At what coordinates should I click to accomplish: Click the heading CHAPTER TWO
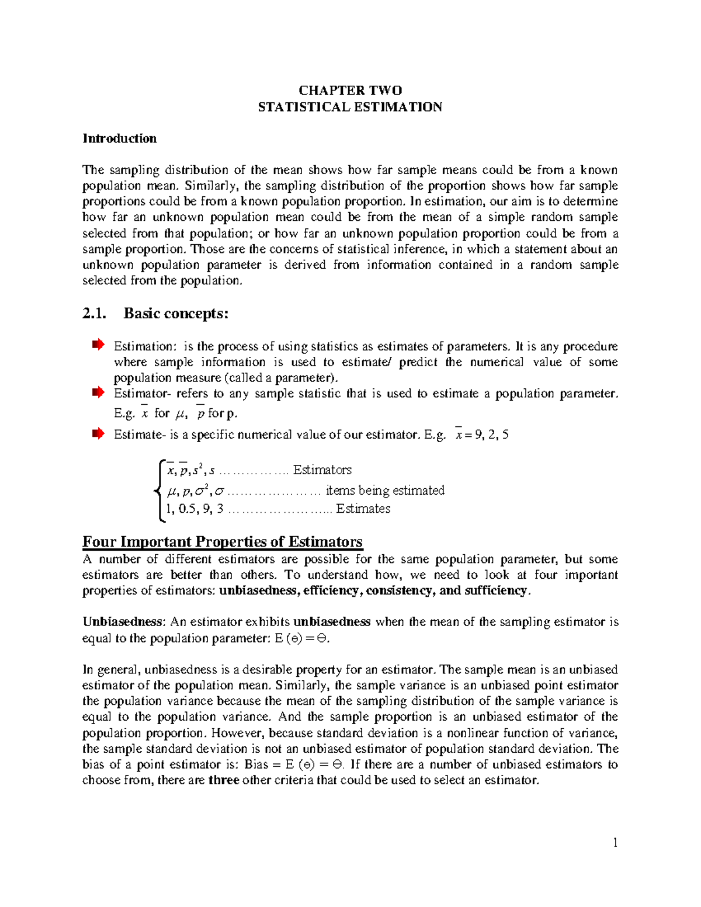(x=350, y=91)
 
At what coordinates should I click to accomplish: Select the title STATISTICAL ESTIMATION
(x=350, y=107)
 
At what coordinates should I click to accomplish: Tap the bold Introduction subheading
(x=120, y=138)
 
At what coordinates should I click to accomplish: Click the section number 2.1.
(x=95, y=314)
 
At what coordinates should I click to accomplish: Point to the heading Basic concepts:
(x=176, y=314)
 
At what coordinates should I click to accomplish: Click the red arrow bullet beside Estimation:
(x=98, y=345)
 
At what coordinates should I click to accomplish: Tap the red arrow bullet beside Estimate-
(x=98, y=433)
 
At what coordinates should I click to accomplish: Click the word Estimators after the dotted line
(x=322, y=470)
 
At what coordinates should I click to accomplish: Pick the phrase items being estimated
(x=385, y=491)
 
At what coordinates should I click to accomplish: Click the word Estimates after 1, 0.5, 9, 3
(x=363, y=509)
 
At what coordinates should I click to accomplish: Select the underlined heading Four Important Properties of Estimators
(x=223, y=542)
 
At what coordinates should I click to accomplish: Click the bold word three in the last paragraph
(x=224, y=780)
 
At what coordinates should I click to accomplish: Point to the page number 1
(x=615, y=842)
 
